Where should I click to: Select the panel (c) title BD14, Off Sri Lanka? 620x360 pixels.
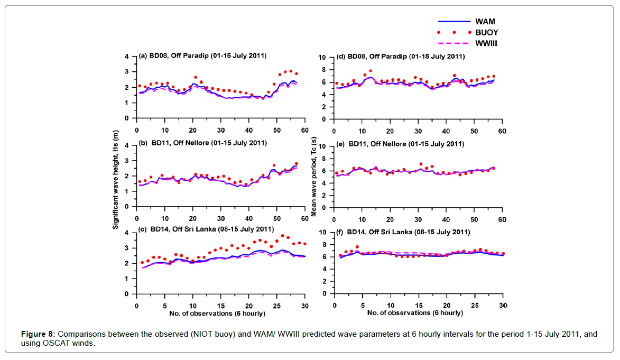tap(206, 229)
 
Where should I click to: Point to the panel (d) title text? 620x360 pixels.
tap(400, 57)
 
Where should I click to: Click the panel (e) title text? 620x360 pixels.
tap(400, 144)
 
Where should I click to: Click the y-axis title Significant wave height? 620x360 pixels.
tap(115, 174)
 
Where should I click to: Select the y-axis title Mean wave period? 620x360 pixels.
tap(314, 174)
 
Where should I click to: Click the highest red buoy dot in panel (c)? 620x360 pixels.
tap(282, 236)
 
